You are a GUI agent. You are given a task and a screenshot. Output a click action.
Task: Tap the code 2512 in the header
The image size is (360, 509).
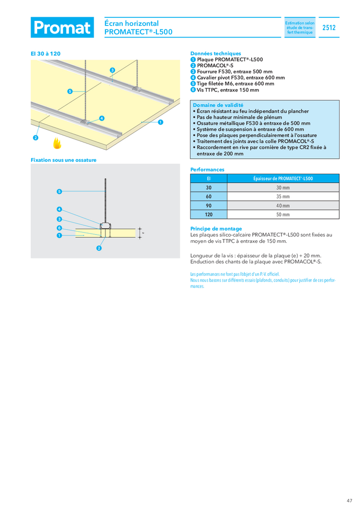[x=329, y=28]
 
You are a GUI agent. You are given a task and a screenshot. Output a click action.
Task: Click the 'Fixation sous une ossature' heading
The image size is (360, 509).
[x=63, y=160]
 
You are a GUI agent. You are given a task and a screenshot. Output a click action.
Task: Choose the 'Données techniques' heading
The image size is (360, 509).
[x=215, y=53]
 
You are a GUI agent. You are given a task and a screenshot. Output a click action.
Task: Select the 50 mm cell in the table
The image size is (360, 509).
[x=282, y=215]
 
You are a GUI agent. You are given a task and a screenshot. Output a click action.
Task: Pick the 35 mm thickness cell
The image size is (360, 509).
[x=282, y=196]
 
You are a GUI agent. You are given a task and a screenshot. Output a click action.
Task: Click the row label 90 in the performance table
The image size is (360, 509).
[x=208, y=206]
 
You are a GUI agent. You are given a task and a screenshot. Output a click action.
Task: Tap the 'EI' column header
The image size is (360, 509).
[x=208, y=179]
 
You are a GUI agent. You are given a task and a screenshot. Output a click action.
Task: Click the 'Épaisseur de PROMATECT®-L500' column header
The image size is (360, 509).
[x=283, y=179]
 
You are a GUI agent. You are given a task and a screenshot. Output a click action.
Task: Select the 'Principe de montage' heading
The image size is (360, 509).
[x=216, y=229]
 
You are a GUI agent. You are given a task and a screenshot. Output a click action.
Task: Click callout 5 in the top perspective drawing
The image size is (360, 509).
[x=69, y=91]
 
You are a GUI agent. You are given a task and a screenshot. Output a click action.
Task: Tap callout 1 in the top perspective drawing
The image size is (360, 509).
[x=160, y=122]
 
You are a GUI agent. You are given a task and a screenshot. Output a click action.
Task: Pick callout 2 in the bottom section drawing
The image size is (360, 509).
[x=99, y=248]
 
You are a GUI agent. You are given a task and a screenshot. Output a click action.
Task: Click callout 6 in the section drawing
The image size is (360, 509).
[x=59, y=228]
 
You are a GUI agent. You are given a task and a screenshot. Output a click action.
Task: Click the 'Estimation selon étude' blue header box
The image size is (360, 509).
[x=299, y=28]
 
